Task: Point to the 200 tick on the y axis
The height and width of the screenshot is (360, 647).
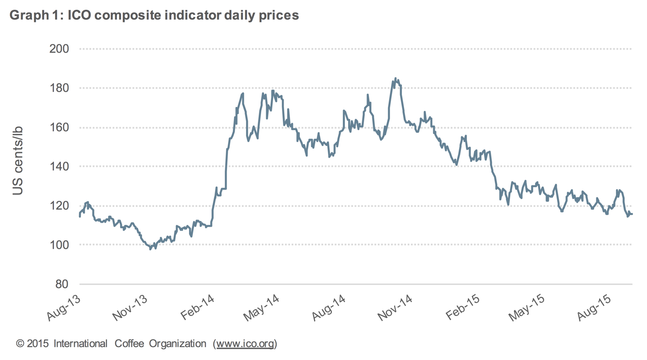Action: click(59, 49)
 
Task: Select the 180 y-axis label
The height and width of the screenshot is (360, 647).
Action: click(59, 88)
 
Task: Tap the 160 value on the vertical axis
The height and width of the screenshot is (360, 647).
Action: click(59, 127)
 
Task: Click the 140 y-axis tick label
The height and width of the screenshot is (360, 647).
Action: click(59, 166)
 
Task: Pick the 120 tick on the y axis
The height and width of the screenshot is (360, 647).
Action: click(59, 205)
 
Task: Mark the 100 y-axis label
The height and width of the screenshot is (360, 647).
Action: click(59, 245)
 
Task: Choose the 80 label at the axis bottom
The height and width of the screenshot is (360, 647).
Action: click(62, 284)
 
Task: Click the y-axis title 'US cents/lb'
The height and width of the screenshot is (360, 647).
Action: click(18, 160)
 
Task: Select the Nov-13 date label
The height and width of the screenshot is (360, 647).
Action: click(130, 308)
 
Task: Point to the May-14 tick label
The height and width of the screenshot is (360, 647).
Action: click(261, 308)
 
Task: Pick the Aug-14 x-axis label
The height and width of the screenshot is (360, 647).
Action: click(329, 308)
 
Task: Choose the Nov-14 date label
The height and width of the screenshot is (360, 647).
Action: click(395, 308)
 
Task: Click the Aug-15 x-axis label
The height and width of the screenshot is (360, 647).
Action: click(594, 308)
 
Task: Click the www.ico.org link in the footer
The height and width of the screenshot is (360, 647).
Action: click(245, 344)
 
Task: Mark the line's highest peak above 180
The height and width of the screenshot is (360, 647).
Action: click(396, 78)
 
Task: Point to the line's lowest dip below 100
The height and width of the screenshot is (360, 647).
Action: click(150, 249)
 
